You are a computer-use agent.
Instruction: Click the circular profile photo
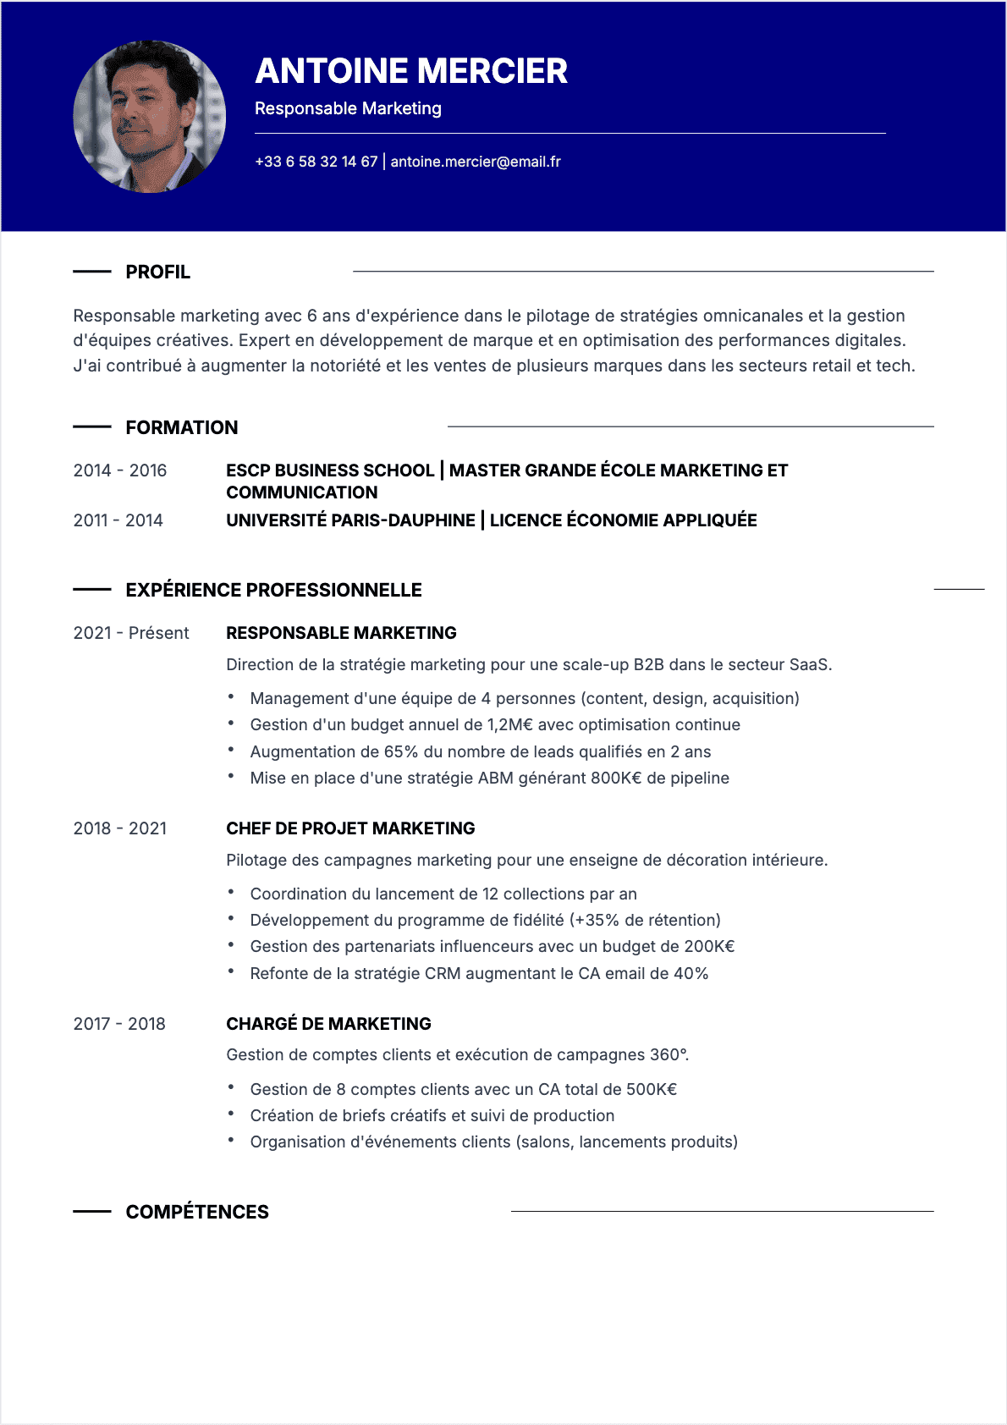pos(150,117)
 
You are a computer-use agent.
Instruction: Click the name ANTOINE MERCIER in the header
pos(411,71)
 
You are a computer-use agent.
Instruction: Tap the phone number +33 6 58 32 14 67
pos(316,162)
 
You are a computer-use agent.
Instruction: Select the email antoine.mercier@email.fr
pos(476,162)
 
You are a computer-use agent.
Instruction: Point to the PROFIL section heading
pos(158,272)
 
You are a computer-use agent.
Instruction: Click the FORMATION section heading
pos(182,428)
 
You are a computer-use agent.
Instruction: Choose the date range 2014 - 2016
pos(120,470)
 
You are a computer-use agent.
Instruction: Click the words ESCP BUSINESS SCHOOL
pos(330,470)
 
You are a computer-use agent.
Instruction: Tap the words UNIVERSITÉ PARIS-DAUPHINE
pos(350,520)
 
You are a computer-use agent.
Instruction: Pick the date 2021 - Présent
pos(131,633)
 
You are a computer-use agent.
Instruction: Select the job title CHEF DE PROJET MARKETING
pos(350,828)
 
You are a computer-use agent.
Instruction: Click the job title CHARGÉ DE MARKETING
pos(328,1024)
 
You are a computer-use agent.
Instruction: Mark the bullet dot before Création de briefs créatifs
pos(231,1114)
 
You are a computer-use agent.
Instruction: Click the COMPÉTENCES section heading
pos(197,1213)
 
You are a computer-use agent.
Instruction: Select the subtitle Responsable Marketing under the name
pos(348,108)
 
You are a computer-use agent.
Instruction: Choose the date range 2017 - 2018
pos(119,1024)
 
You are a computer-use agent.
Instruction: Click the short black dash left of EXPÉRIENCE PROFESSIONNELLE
pos(92,589)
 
